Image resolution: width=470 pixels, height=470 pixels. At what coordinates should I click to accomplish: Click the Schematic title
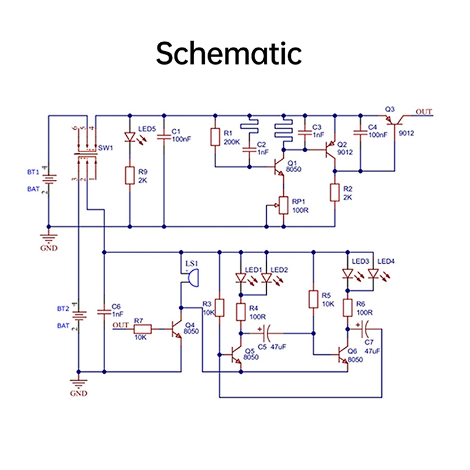229,54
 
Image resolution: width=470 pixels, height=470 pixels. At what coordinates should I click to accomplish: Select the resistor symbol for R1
215,137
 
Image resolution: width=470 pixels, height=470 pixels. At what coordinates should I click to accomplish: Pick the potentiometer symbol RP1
284,205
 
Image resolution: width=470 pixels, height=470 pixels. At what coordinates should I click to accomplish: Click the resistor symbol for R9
129,176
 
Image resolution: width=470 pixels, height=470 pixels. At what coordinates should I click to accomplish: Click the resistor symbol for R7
143,330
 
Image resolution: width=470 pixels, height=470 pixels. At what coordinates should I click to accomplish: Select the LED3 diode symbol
348,273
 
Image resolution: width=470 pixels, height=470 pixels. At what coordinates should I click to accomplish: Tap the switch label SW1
106,148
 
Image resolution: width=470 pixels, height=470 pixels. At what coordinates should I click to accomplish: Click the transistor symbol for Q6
343,355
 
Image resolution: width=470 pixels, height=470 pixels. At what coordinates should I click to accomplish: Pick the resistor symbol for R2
335,192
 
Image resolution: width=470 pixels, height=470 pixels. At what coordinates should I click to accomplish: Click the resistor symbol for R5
313,298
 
